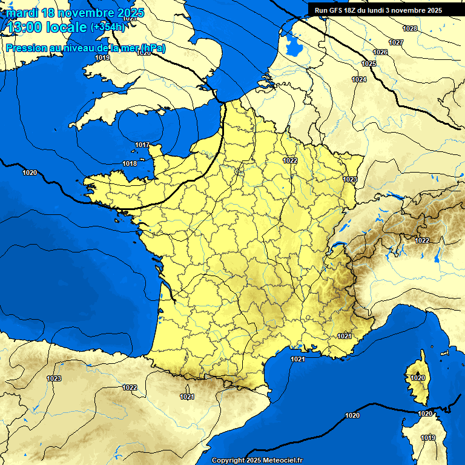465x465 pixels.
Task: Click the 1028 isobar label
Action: click(410, 28)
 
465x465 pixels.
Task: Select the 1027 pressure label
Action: click(396, 42)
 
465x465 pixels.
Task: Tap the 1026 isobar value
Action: click(380, 53)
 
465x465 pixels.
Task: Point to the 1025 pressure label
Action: click(369, 64)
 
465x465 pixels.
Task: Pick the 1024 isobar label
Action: click(359, 80)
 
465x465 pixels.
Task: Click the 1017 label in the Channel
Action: click(142, 145)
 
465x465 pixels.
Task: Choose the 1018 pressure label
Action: click(130, 164)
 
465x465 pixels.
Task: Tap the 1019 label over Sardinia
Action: click(428, 438)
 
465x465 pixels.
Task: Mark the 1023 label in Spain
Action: click(54, 378)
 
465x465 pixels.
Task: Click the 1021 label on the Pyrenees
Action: click(187, 397)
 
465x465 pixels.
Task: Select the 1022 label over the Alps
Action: click(422, 240)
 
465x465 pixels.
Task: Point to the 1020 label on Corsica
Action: click(418, 378)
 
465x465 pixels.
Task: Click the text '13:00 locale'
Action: click(47, 27)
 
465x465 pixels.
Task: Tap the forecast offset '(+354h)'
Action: click(107, 27)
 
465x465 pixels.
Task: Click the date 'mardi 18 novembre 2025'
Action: click(75, 13)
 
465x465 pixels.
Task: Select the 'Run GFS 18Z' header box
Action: click(378, 10)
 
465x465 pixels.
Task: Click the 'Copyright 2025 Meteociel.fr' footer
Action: click(257, 460)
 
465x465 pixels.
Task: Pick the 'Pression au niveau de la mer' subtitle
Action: click(85, 48)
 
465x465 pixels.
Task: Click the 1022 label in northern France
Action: click(290, 160)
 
